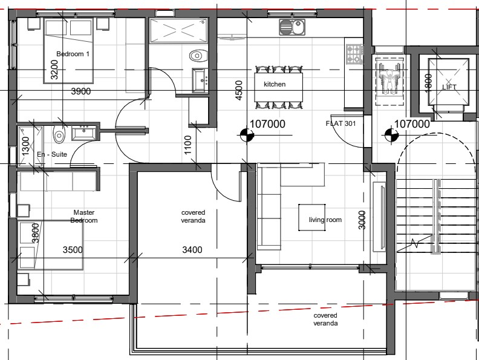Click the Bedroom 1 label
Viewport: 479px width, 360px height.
[73, 54]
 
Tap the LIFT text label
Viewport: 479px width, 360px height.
[449, 87]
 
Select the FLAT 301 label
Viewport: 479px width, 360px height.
[341, 123]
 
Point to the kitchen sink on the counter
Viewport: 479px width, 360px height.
[292, 27]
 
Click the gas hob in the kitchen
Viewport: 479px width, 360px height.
[354, 54]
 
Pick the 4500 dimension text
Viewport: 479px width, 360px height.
[239, 90]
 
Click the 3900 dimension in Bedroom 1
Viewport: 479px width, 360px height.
[80, 91]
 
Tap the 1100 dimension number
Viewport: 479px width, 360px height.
[187, 145]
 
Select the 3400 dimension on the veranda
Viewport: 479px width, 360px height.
[192, 250]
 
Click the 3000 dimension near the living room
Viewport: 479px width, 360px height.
[362, 220]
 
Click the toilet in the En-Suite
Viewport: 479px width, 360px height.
[59, 134]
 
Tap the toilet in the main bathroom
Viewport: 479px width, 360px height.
[198, 56]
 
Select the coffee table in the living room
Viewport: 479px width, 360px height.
[312, 217]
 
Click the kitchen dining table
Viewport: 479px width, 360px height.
[279, 87]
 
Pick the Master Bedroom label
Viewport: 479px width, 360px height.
[84, 217]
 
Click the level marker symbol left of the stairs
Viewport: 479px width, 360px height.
[389, 136]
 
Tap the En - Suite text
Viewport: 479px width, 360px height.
[52, 154]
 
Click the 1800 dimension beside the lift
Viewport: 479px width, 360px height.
[428, 82]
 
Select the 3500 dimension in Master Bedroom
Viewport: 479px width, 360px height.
[73, 250]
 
